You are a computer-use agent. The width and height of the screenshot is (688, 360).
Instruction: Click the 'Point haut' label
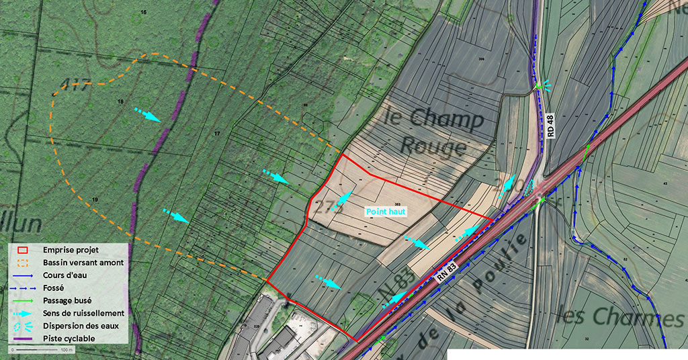coord(386,211)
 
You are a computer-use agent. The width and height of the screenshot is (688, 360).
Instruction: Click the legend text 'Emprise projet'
coord(71,249)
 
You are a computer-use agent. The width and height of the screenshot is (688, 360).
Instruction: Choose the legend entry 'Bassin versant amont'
coord(83,262)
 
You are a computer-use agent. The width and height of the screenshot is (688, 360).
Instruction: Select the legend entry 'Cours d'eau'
coord(64,275)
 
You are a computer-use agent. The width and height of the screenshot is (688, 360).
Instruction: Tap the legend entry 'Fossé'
coord(54,287)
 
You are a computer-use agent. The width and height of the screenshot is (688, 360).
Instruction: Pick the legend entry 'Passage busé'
coord(67,300)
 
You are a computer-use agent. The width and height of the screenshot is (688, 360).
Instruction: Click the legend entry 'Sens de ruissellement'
coord(83,313)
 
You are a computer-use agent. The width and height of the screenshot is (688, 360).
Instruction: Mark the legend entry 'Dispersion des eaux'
coord(81,326)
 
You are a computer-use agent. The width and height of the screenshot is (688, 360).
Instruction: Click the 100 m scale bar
coord(40,350)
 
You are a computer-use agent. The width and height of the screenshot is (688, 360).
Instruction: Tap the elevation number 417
coord(75,84)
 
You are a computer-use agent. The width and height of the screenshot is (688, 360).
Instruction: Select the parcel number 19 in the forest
coord(95,199)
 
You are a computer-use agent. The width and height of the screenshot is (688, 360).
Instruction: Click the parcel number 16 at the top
coord(142,13)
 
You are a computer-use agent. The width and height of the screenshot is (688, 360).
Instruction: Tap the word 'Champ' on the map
coord(443,122)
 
